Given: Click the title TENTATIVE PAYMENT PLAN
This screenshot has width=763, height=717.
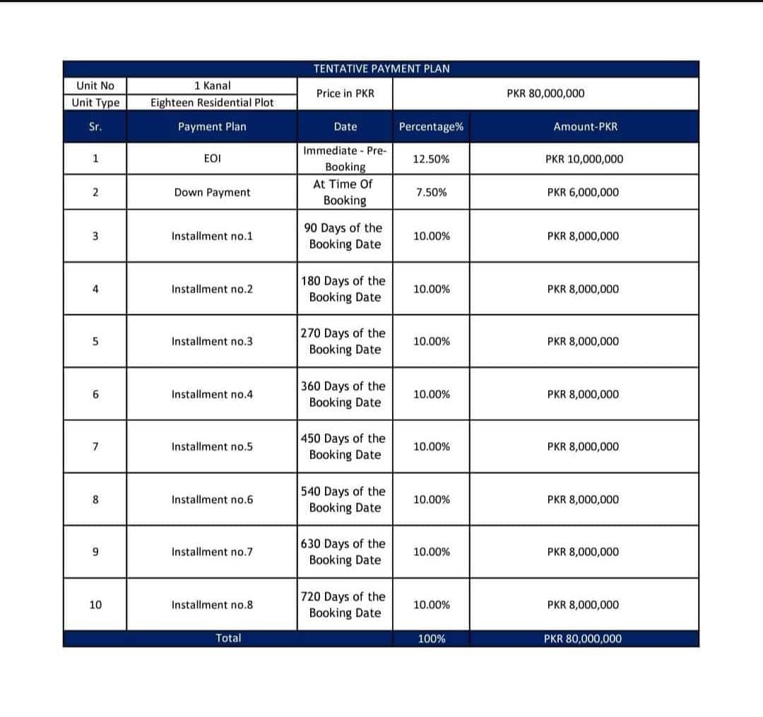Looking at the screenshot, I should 381,69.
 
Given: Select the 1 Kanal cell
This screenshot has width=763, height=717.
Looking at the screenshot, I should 212,85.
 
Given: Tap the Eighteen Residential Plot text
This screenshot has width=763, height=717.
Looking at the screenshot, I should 212,102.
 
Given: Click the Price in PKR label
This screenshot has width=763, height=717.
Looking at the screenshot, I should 345,93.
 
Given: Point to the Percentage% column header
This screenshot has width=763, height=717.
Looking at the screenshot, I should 431,127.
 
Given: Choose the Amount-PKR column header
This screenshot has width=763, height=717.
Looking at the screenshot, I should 585,127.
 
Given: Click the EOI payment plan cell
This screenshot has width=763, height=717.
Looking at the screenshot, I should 212,159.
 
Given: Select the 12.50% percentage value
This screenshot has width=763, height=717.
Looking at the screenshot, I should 431,159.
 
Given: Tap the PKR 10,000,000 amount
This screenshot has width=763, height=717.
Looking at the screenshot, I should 584,159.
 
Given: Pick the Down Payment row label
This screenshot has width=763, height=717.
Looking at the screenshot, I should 212,192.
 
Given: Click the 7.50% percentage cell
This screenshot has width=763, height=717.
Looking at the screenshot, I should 431,192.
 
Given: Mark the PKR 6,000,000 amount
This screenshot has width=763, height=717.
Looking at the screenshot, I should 583,192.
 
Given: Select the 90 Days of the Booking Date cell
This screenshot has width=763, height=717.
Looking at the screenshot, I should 345,236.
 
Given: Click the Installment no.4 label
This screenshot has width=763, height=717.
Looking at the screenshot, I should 212,394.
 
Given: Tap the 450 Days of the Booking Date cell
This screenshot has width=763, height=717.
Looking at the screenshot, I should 345,446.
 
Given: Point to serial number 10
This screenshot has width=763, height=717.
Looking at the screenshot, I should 95,605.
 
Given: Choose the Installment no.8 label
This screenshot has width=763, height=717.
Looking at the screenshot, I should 212,605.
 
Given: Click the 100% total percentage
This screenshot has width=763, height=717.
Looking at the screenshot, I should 431,639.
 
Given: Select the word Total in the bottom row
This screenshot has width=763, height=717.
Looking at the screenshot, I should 228,638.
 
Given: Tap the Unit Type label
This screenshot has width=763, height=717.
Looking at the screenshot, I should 96,102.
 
